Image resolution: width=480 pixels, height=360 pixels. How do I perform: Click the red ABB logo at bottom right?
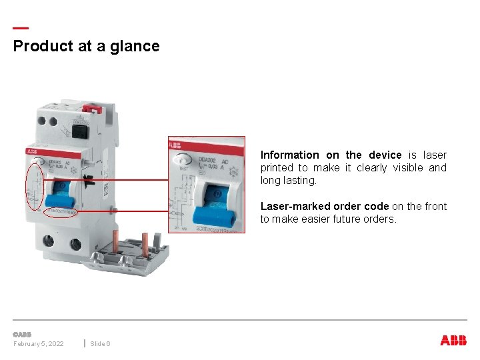tap(453, 341)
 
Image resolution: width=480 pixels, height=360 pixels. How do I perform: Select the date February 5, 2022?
tap(39, 343)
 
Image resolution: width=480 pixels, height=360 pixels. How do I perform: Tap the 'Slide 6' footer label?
tap(101, 343)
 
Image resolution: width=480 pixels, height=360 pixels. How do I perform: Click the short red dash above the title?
tap(21, 28)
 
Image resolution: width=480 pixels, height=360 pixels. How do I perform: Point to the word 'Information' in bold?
tap(289, 155)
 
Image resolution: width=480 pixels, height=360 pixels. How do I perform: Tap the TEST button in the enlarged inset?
tap(181, 160)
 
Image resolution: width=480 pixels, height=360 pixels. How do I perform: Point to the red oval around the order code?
tap(60, 213)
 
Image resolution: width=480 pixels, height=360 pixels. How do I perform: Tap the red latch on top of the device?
tap(95, 108)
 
